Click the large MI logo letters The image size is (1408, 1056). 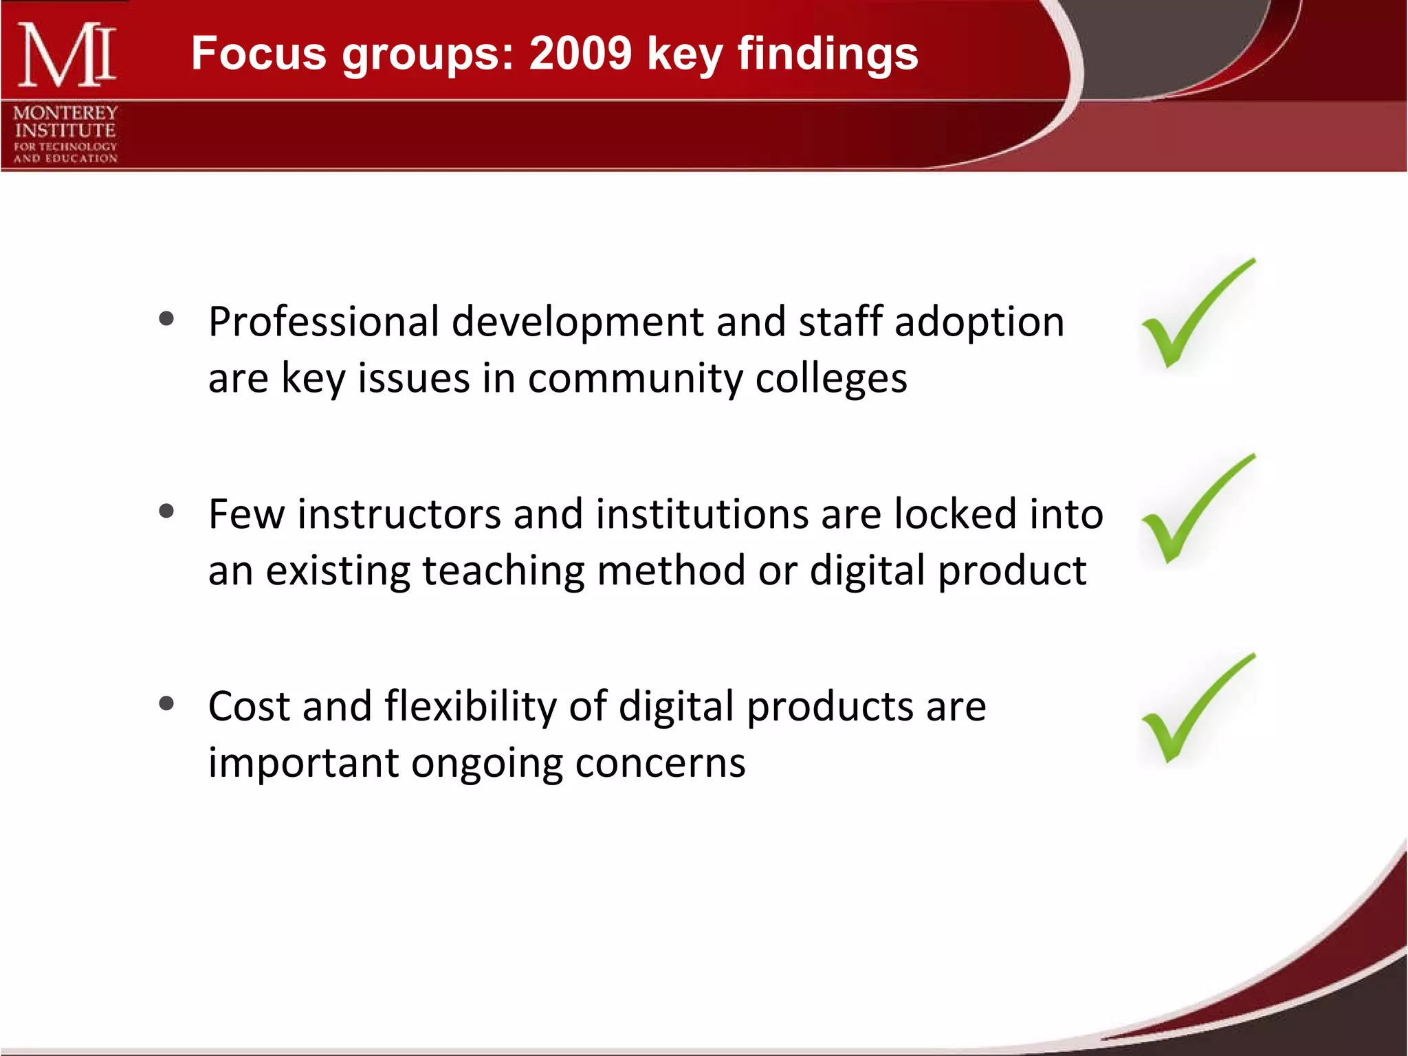click(67, 55)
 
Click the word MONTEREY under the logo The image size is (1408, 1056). click(65, 112)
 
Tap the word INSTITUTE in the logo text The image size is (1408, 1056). click(65, 130)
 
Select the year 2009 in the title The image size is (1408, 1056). click(580, 54)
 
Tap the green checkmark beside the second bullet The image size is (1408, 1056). click(1193, 512)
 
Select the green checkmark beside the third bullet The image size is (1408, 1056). click(1193, 712)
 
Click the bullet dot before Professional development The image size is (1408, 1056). click(166, 318)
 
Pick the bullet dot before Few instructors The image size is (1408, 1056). click(166, 511)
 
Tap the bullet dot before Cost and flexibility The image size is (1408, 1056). click(166, 703)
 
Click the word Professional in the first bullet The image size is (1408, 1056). click(323, 322)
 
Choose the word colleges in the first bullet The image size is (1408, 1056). click(831, 379)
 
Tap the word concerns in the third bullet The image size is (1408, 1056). click(660, 763)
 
